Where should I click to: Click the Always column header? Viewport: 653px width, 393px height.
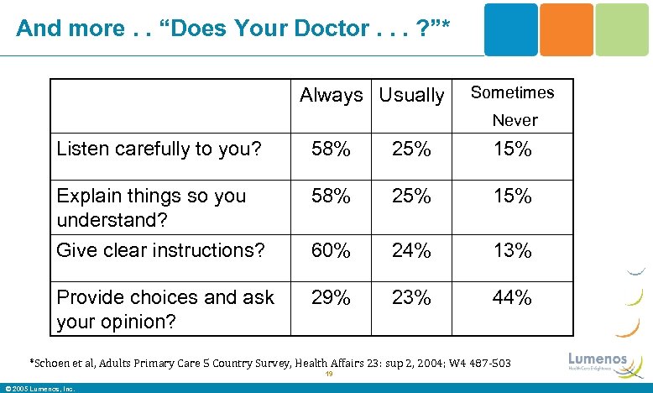click(x=331, y=96)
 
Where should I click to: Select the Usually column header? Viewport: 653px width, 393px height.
click(x=411, y=96)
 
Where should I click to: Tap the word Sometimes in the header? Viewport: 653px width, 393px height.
click(x=512, y=92)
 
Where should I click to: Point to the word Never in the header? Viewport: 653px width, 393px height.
click(x=515, y=120)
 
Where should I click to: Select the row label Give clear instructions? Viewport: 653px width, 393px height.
click(x=159, y=249)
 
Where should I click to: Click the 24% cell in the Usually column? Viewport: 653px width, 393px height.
click(x=411, y=250)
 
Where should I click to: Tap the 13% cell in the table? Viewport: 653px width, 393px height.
click(x=512, y=250)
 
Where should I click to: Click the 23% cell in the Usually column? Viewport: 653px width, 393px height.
click(x=411, y=297)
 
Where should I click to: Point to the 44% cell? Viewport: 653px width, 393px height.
click(x=512, y=297)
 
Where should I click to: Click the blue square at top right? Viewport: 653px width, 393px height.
click(x=511, y=29)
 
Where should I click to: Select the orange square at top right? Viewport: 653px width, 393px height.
click(x=567, y=29)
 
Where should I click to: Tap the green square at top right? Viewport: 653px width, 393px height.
click(x=622, y=29)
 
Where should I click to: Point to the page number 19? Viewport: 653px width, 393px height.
click(x=330, y=375)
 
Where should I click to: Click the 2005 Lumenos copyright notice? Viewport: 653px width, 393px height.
click(x=39, y=388)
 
